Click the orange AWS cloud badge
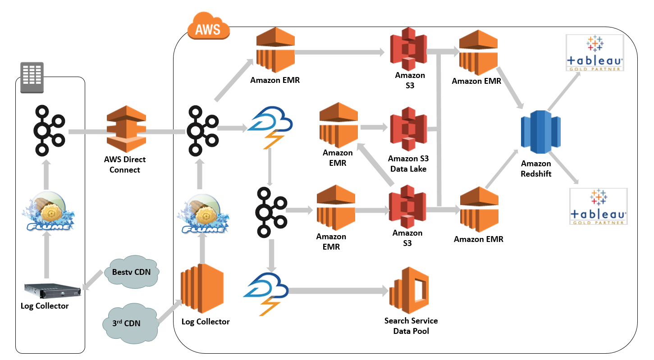click(x=209, y=26)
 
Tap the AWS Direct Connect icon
click(x=126, y=129)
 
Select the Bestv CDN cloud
click(x=132, y=272)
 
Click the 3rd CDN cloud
click(x=130, y=323)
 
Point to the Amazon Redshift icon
click(x=540, y=132)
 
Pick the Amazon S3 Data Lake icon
click(x=408, y=129)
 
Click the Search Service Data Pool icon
click(x=409, y=290)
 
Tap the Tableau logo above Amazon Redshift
click(x=595, y=53)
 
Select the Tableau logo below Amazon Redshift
click(x=598, y=206)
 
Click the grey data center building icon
click(x=32, y=77)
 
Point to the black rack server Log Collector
click(x=53, y=291)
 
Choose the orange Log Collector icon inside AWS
click(x=202, y=288)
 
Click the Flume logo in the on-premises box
click(x=48, y=211)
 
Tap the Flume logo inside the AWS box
click(x=203, y=214)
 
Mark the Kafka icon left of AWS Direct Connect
click(x=49, y=131)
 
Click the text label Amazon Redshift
click(x=536, y=169)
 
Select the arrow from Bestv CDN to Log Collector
click(x=93, y=280)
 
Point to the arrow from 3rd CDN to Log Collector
click(x=170, y=311)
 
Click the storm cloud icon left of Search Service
click(x=266, y=294)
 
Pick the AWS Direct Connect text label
click(x=125, y=164)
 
